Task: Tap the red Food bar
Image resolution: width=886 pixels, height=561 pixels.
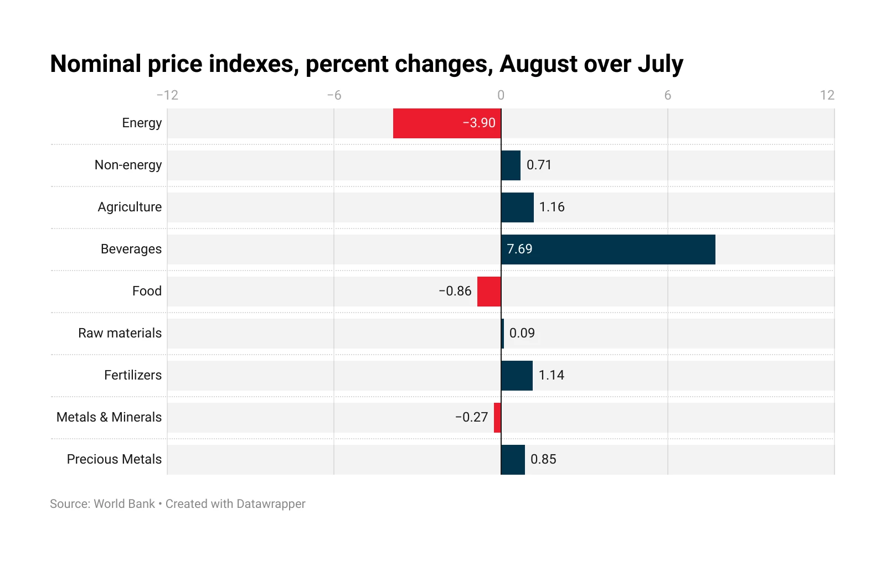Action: (x=489, y=292)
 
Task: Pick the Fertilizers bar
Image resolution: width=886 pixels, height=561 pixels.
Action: (x=517, y=376)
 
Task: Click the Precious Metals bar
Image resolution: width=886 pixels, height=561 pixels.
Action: (x=513, y=460)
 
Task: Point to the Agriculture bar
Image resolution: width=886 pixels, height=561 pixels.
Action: (x=517, y=207)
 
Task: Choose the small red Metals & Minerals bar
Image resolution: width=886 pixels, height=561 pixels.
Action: (x=497, y=418)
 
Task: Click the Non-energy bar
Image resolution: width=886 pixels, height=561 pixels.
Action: (x=511, y=165)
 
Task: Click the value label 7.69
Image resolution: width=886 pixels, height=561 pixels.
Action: (x=519, y=250)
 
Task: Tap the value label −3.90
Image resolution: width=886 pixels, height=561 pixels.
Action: (x=479, y=123)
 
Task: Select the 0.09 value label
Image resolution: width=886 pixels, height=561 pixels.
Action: (x=522, y=334)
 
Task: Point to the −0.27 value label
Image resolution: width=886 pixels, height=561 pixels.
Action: (x=471, y=418)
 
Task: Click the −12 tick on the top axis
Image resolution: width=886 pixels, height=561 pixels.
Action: (x=167, y=95)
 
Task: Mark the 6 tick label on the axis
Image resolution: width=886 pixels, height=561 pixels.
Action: (x=667, y=95)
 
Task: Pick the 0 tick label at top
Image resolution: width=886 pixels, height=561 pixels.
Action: (x=501, y=95)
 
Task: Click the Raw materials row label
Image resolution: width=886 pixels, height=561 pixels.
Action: (x=120, y=334)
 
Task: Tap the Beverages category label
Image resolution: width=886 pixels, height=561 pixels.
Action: (x=131, y=250)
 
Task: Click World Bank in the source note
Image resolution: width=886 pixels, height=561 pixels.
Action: (x=125, y=504)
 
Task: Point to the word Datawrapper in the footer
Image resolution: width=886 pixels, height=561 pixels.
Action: (x=271, y=504)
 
